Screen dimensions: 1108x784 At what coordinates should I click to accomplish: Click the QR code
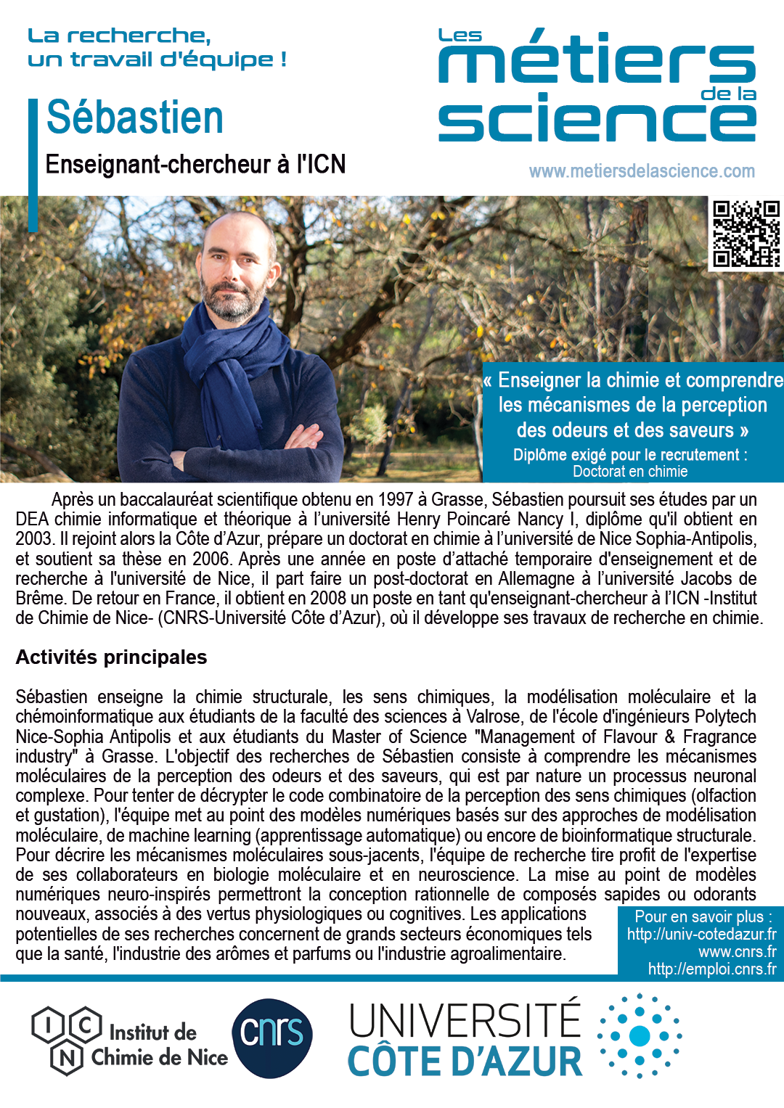tap(746, 234)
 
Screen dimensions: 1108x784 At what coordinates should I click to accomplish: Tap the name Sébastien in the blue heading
tap(135, 118)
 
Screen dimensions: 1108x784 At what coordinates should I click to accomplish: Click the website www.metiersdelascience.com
tap(642, 171)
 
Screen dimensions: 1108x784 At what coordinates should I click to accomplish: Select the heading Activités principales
tap(111, 657)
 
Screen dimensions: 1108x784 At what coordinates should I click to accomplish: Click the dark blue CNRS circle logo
tap(272, 1038)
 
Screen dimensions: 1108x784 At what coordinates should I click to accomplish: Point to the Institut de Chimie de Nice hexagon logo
tap(67, 1039)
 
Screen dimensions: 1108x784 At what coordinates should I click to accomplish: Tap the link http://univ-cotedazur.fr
tap(701, 935)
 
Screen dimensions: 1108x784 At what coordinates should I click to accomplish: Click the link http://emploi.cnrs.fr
tap(711, 969)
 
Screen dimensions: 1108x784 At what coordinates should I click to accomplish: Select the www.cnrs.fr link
tap(737, 952)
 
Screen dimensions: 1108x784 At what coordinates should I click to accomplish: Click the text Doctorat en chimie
tap(630, 472)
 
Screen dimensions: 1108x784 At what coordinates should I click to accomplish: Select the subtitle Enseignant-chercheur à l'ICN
tap(195, 165)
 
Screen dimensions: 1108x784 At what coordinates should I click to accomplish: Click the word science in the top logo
tap(597, 120)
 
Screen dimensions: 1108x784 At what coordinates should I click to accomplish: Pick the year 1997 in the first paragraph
tap(394, 500)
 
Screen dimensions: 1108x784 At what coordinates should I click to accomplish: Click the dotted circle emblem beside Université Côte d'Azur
tap(640, 1036)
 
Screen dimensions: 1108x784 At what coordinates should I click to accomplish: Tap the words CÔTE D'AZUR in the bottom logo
tap(465, 1062)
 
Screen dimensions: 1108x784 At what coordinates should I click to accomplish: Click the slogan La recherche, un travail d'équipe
tap(157, 48)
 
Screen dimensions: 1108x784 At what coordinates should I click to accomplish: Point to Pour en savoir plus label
tap(703, 917)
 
